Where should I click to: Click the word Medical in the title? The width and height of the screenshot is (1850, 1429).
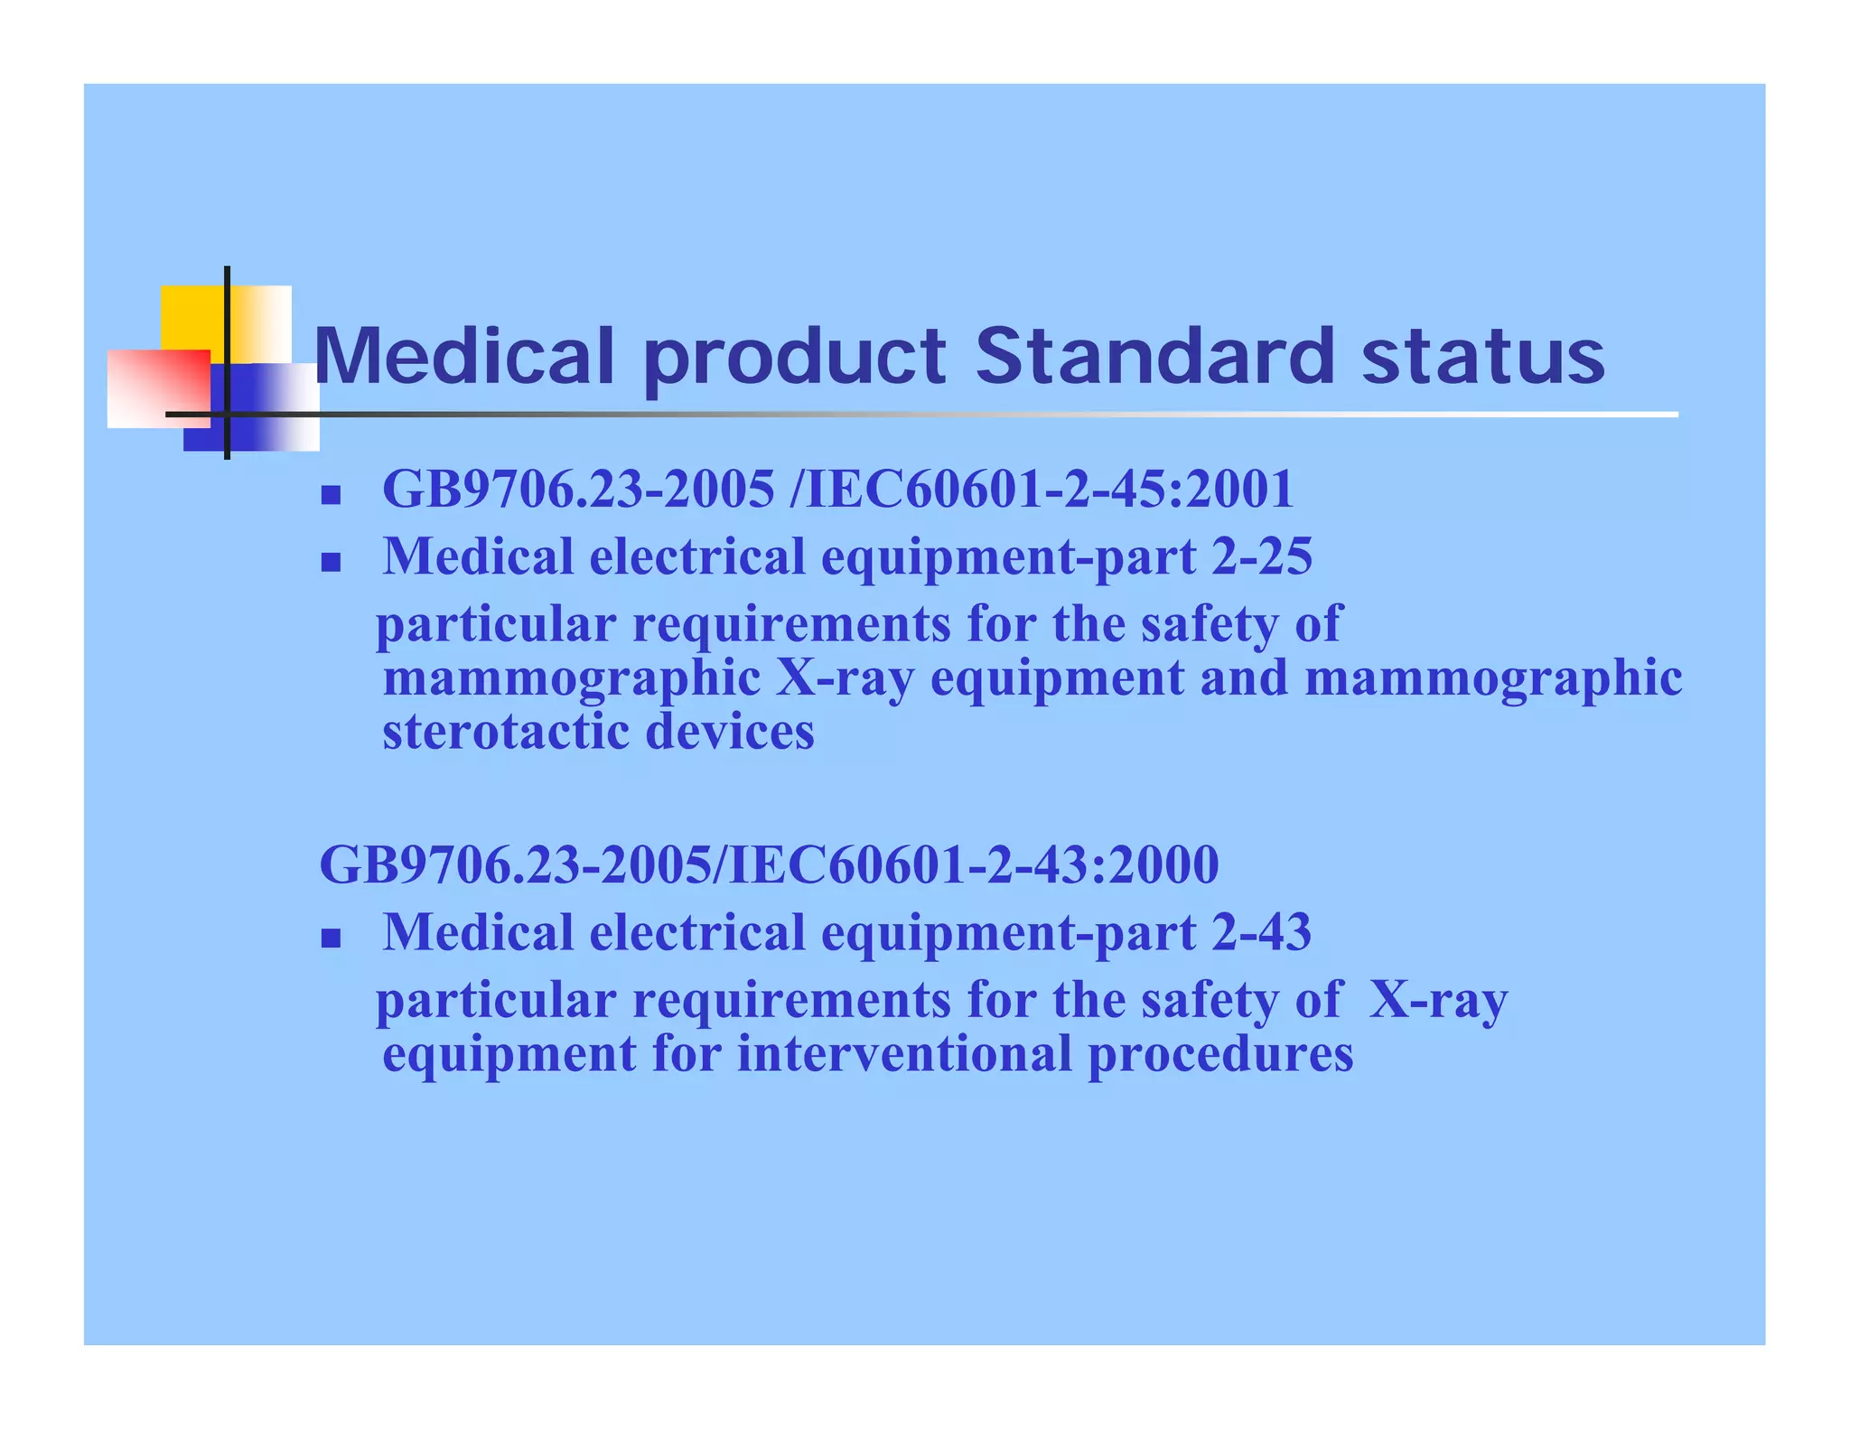463,356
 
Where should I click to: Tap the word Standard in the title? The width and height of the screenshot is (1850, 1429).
1154,356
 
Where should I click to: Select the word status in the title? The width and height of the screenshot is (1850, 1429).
1482,356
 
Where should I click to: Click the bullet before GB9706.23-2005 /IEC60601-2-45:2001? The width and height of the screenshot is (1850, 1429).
331,494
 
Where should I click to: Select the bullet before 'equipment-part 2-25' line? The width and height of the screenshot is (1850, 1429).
331,563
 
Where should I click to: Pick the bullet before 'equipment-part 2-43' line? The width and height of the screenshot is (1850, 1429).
331,939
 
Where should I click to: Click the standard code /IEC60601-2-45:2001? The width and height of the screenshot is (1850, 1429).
1041,489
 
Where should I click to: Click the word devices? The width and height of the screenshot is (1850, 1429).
730,731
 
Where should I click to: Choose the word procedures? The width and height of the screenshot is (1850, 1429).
1220,1053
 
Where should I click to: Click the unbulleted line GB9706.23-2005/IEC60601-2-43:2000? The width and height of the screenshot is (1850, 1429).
769,864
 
